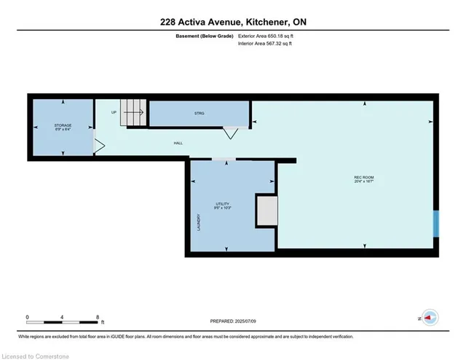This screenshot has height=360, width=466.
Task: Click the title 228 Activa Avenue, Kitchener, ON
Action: (233, 22)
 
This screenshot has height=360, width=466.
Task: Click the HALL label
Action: (178, 143)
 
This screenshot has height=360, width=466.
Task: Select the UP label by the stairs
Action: (114, 112)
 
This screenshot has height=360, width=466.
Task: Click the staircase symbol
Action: (133, 113)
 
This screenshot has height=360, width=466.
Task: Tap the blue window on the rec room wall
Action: (436, 223)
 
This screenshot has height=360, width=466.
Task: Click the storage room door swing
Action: (99, 146)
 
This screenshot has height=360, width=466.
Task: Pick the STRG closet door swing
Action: (231, 133)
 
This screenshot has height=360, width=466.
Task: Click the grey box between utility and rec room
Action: (266, 211)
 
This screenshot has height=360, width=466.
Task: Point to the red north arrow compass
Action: (430, 318)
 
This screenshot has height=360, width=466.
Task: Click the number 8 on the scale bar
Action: (98, 317)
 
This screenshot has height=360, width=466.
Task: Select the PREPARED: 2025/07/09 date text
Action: (233, 321)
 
